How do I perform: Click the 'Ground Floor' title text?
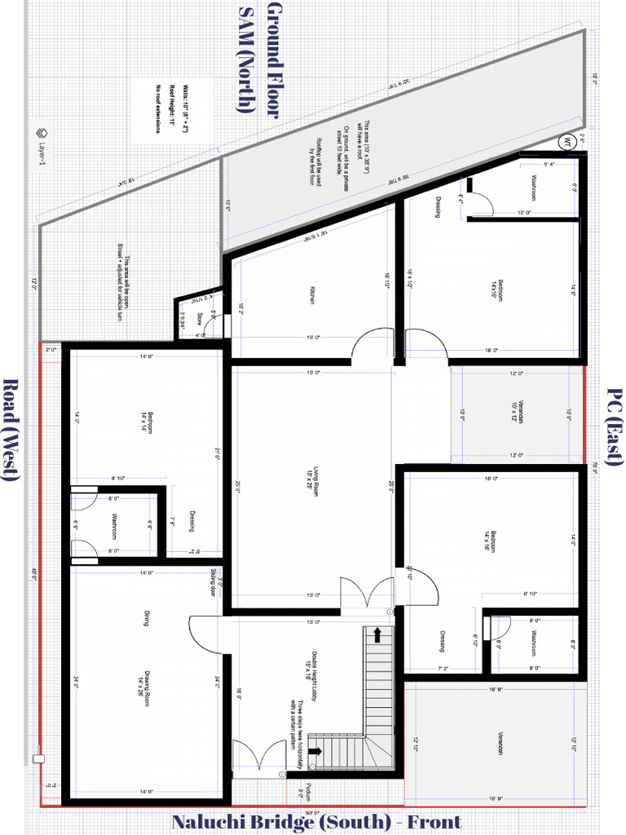[x=273, y=60]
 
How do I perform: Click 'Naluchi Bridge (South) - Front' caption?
[x=315, y=822]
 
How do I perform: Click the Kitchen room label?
[x=312, y=296]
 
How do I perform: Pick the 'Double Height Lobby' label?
[x=311, y=665]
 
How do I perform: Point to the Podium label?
[x=301, y=790]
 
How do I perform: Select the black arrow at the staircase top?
[x=377, y=634]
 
